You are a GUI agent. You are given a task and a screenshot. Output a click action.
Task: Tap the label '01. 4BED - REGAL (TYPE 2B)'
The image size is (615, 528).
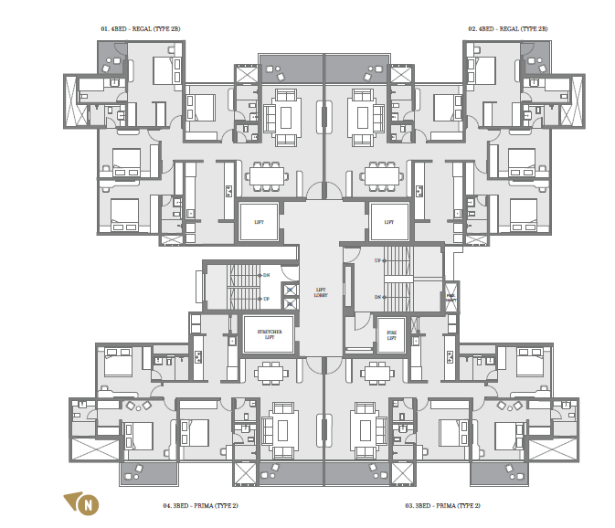click(x=140, y=29)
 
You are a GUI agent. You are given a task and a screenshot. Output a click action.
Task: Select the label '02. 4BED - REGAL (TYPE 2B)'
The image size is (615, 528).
click(x=508, y=29)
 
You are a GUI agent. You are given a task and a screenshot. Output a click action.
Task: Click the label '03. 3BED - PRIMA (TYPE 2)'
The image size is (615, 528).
click(x=442, y=505)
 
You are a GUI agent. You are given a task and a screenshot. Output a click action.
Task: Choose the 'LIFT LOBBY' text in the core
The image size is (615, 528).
click(x=321, y=291)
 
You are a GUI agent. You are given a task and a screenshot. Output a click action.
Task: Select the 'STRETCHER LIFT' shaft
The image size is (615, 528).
click(x=269, y=333)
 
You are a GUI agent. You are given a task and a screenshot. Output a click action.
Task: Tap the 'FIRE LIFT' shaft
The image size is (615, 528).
click(x=391, y=335)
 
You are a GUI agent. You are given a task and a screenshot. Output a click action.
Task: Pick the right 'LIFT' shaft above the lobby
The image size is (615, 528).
click(x=389, y=222)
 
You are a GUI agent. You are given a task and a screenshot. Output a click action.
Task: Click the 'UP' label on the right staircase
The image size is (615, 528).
click(x=377, y=260)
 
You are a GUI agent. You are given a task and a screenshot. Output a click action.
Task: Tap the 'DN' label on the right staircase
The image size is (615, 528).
click(x=377, y=297)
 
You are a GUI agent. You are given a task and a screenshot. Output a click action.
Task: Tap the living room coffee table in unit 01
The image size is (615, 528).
click(x=285, y=117)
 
